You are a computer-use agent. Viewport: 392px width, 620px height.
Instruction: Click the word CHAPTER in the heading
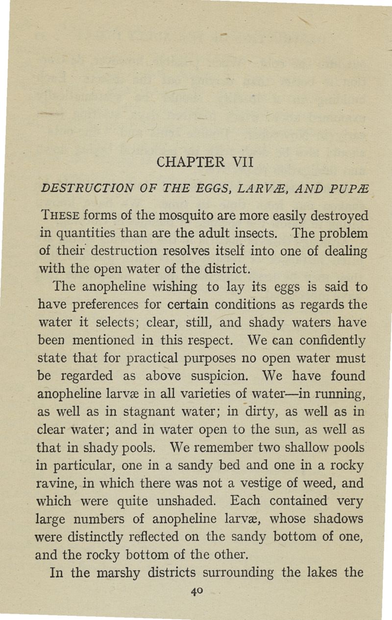point(185,161)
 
